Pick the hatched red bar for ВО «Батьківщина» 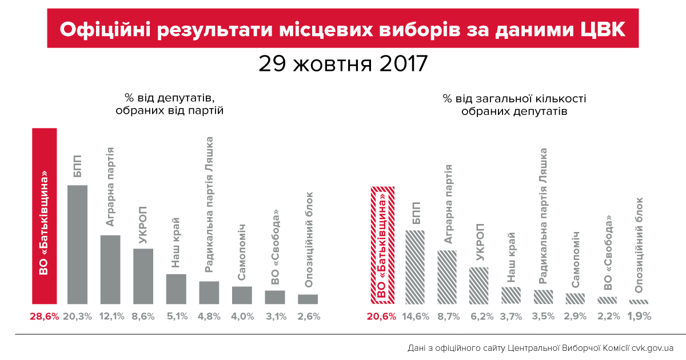click(x=382, y=246)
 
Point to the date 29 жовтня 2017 click(x=343, y=63)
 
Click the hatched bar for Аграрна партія click(x=447, y=277)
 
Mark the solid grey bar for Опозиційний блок click(x=308, y=299)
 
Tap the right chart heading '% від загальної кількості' click(x=514, y=98)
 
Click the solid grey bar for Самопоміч click(x=242, y=295)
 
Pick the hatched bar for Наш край click(x=511, y=295)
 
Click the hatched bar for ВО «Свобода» click(x=607, y=300)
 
